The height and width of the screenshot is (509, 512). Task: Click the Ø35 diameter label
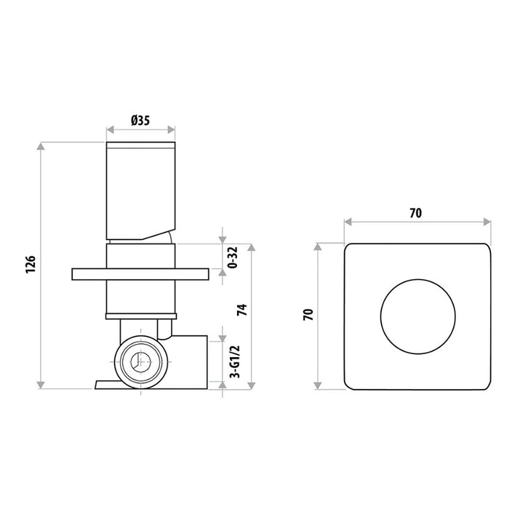(x=140, y=121)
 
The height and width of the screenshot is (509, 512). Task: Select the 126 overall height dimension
(x=31, y=265)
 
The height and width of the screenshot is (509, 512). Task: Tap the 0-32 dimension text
(x=233, y=257)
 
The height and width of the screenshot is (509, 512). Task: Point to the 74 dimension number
(x=242, y=310)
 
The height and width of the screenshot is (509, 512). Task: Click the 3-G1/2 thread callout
(x=235, y=361)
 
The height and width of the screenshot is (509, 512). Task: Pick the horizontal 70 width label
(x=416, y=213)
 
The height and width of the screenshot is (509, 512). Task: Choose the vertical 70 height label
(x=308, y=315)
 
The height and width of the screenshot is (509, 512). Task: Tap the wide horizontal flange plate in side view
(x=140, y=274)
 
